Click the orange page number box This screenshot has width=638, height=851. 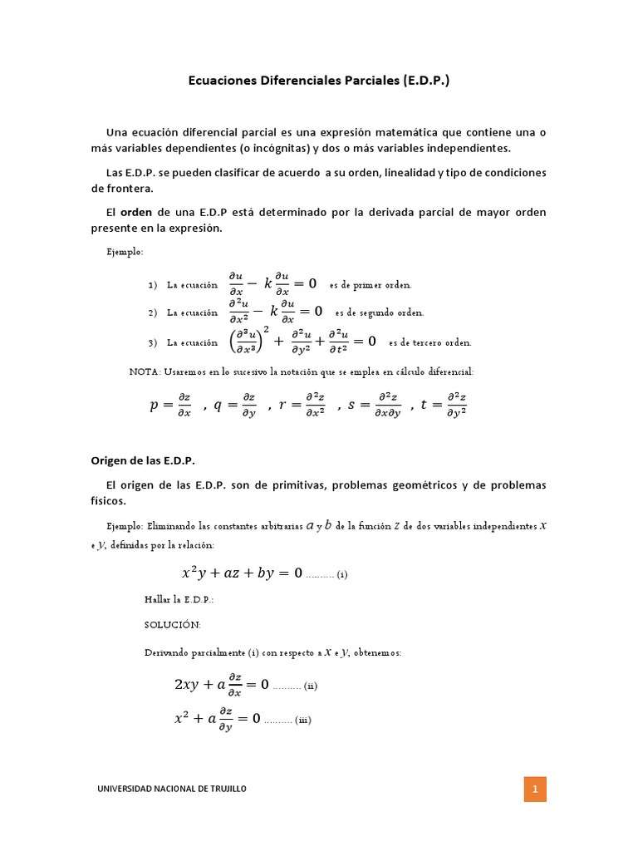[535, 789]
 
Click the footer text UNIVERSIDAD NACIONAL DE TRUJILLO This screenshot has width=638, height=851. [173, 789]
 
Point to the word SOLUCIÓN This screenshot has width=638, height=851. [172, 625]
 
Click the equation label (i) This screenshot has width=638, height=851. [341, 574]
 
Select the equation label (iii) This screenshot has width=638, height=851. [301, 720]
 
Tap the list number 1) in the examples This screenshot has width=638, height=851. [153, 285]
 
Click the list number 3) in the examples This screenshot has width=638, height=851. [153, 342]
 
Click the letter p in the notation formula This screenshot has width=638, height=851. [154, 405]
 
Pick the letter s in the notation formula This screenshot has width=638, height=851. [351, 405]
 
